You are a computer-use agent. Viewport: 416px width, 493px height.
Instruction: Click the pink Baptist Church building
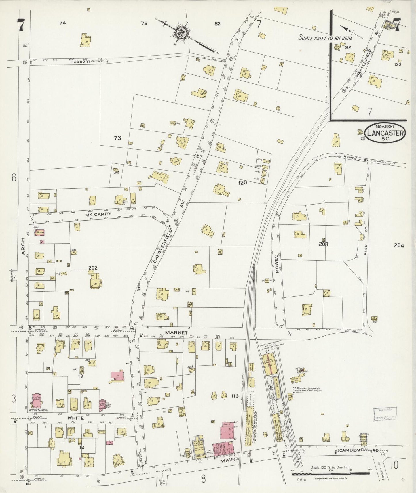click(36, 401)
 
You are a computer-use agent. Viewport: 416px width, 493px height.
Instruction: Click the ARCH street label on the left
click(24, 246)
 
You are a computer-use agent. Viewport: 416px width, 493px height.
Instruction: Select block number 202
click(93, 268)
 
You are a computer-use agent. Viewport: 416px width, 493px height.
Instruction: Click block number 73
click(117, 138)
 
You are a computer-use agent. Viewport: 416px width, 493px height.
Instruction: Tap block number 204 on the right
click(399, 245)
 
